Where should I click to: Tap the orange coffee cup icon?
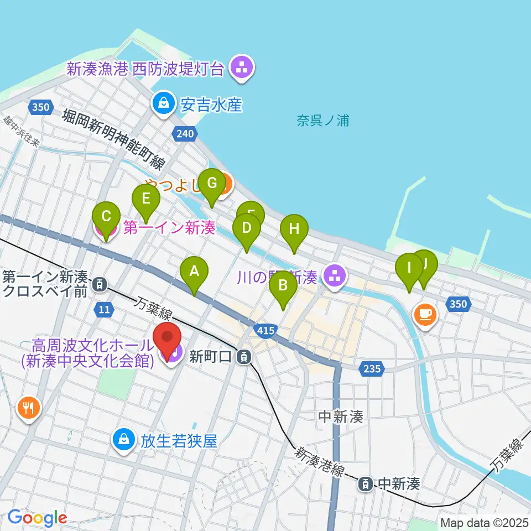pos(425,315)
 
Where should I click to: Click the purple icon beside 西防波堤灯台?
pos(241,67)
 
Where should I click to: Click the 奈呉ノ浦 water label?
pos(323,121)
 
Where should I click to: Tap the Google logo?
pos(37,518)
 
